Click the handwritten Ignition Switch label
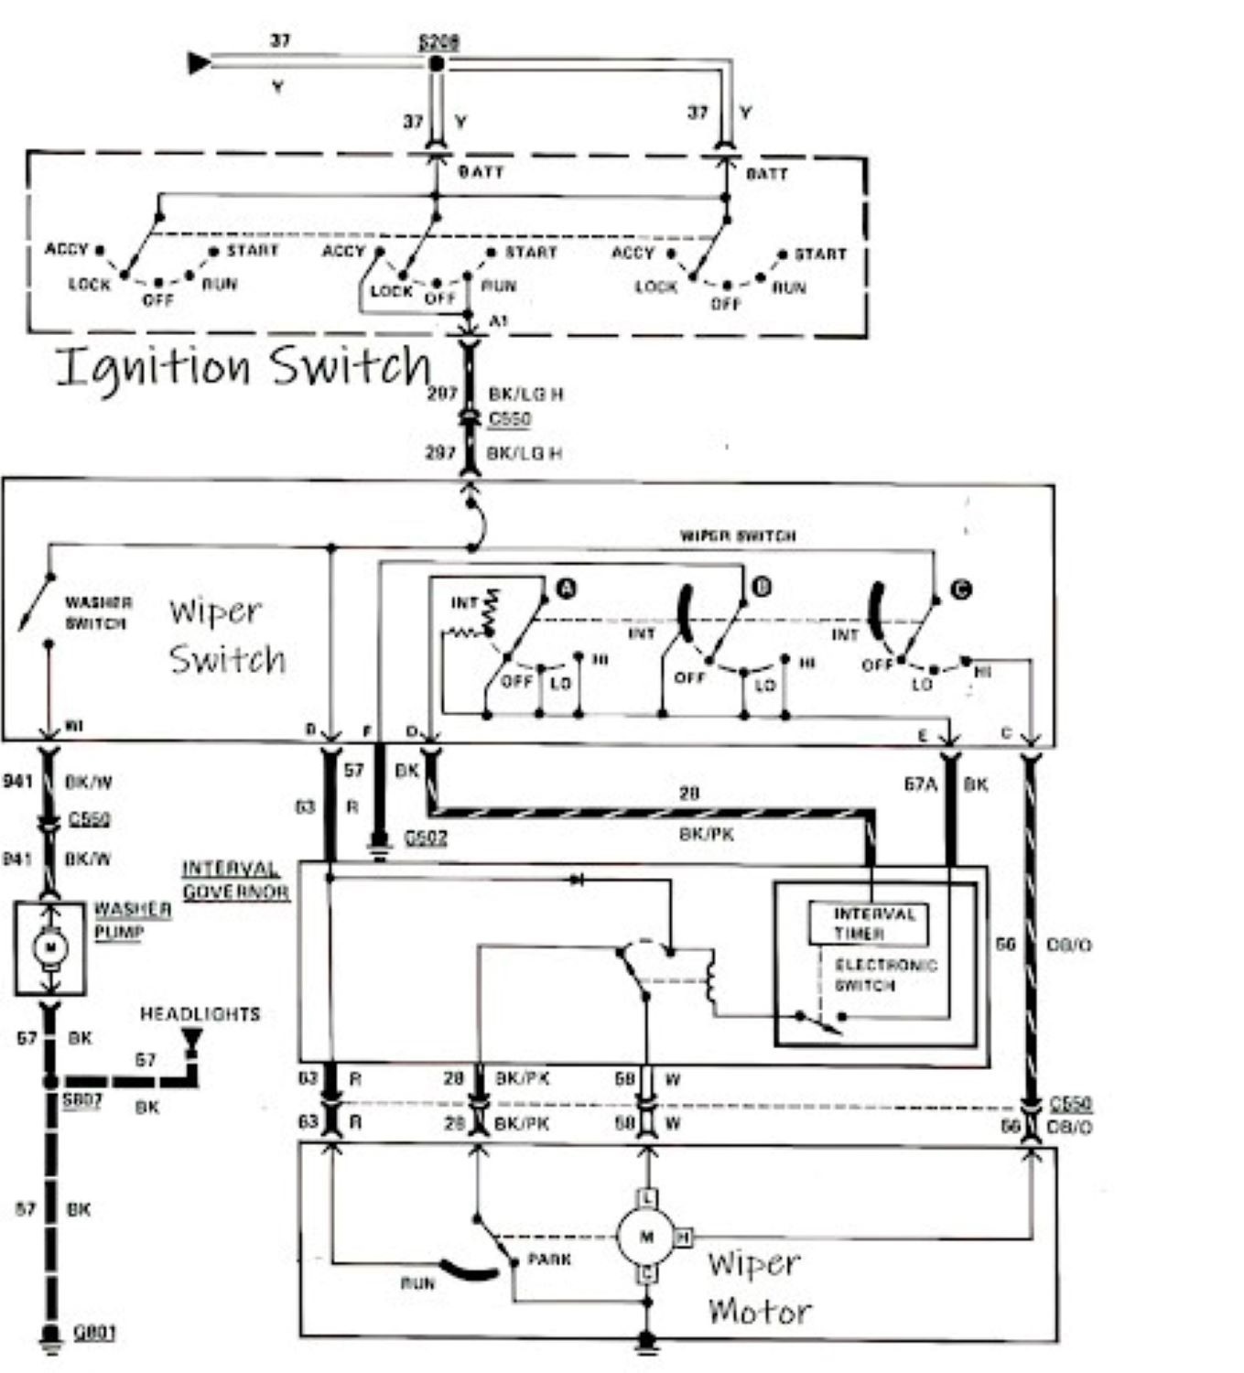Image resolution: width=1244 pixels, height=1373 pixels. coord(243,366)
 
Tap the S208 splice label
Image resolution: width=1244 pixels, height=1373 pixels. coord(438,42)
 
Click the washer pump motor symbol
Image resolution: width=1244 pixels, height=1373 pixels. coord(50,946)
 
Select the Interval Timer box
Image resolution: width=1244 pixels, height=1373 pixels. coord(867,924)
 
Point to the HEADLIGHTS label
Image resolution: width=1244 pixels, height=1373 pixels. coord(200,1013)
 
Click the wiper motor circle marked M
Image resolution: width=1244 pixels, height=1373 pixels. coord(646,1237)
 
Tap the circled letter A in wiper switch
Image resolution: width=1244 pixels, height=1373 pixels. coord(567,589)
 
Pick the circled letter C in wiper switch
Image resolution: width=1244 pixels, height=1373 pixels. coord(960,589)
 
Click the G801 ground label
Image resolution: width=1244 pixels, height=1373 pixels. coord(93,1332)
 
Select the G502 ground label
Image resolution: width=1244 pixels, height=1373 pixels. coord(425,837)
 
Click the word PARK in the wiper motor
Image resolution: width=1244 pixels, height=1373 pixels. coord(549,1259)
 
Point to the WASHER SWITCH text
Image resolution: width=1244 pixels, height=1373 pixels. coord(97,612)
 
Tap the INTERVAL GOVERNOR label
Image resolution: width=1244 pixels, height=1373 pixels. coord(235,880)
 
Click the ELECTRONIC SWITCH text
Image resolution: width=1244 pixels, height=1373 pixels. coord(885,975)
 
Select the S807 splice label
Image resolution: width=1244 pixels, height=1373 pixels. coord(81,1099)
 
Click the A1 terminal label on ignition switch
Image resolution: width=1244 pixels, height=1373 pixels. coord(498,321)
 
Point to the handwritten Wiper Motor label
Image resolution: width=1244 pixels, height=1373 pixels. coord(757,1287)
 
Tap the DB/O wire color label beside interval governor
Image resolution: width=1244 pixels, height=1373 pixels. coord(1068,944)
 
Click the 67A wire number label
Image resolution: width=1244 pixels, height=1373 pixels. coord(920,784)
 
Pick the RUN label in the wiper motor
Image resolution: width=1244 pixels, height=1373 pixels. coord(417,1282)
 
